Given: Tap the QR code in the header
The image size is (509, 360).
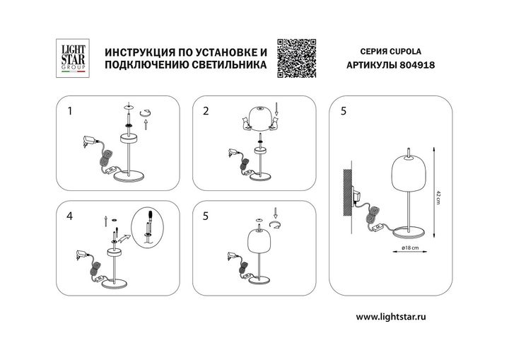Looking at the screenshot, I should [294, 57].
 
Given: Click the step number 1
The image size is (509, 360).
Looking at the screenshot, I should [69, 111].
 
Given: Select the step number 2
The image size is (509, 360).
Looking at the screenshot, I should [206, 111].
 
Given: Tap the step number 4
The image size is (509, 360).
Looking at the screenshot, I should [69, 218].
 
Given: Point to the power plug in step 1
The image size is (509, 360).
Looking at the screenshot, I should [88, 141].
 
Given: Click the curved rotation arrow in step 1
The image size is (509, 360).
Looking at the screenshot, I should [147, 110].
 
